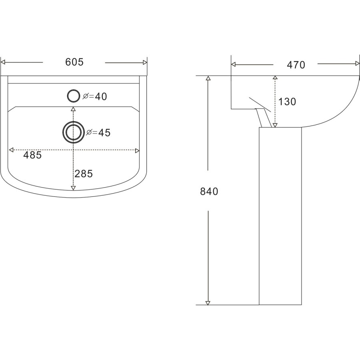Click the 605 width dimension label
(x=74, y=62)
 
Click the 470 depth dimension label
(x=296, y=65)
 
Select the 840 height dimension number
(x=209, y=192)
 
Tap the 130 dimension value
(x=287, y=102)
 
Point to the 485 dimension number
(x=32, y=155)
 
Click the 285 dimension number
(x=84, y=174)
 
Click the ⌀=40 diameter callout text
(x=95, y=96)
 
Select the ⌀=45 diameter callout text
(x=98, y=132)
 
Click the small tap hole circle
(x=73, y=96)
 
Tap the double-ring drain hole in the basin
(x=73, y=132)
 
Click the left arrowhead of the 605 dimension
(x=4, y=62)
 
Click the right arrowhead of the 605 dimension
(x=145, y=62)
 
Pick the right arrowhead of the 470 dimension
(x=357, y=64)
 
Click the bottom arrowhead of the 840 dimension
(x=208, y=302)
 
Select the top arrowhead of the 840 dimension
(x=208, y=78)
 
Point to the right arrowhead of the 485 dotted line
(x=137, y=150)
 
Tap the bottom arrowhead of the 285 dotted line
(x=73, y=188)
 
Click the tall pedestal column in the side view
(x=280, y=216)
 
